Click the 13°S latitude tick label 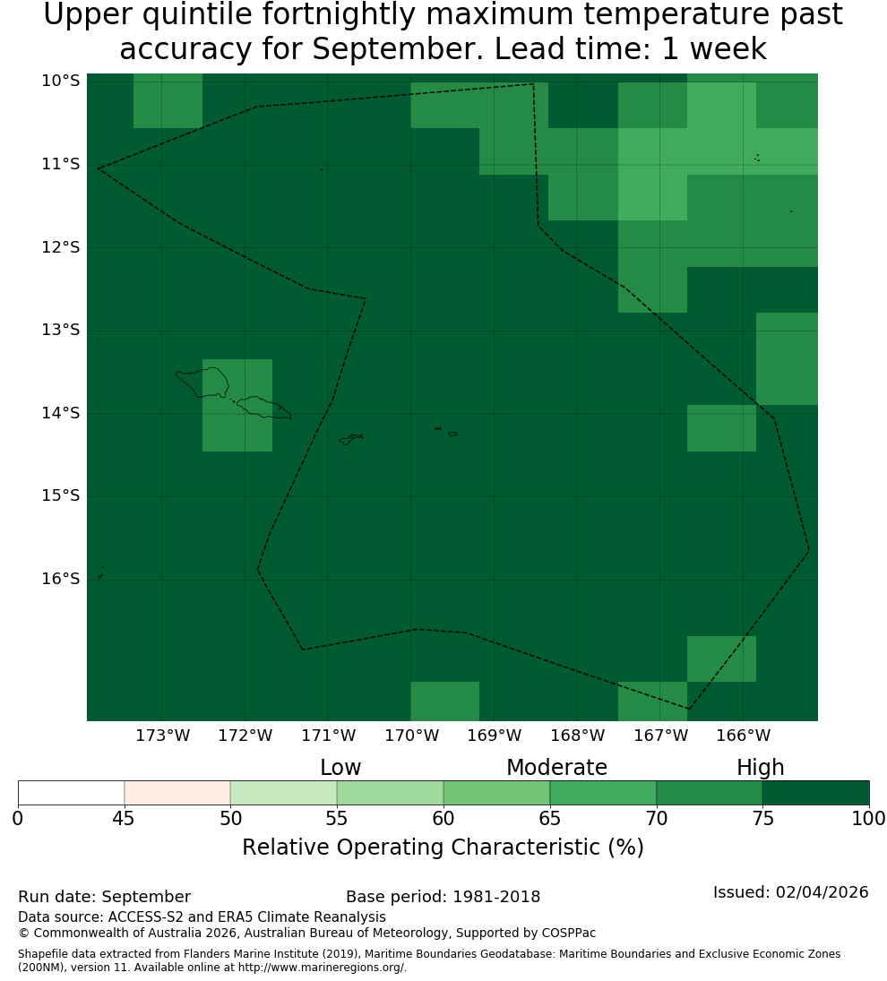pos(61,330)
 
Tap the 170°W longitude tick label pos(411,736)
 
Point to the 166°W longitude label pos(743,736)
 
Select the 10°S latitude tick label pos(61,82)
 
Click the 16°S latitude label pos(61,579)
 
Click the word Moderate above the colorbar pos(556,767)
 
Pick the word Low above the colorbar pos(340,767)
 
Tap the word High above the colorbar pos(760,768)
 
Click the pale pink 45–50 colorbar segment pos(177,793)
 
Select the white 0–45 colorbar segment pos(72,793)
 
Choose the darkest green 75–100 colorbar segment pos(815,793)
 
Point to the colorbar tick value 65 pos(550,818)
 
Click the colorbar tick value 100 pos(869,818)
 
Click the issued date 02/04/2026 pos(822,892)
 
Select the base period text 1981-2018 pos(496,897)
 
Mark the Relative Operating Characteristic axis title pos(443,848)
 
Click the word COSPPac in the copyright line pos(569,933)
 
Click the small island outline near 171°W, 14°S pos(351,439)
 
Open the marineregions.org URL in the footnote pos(323,968)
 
